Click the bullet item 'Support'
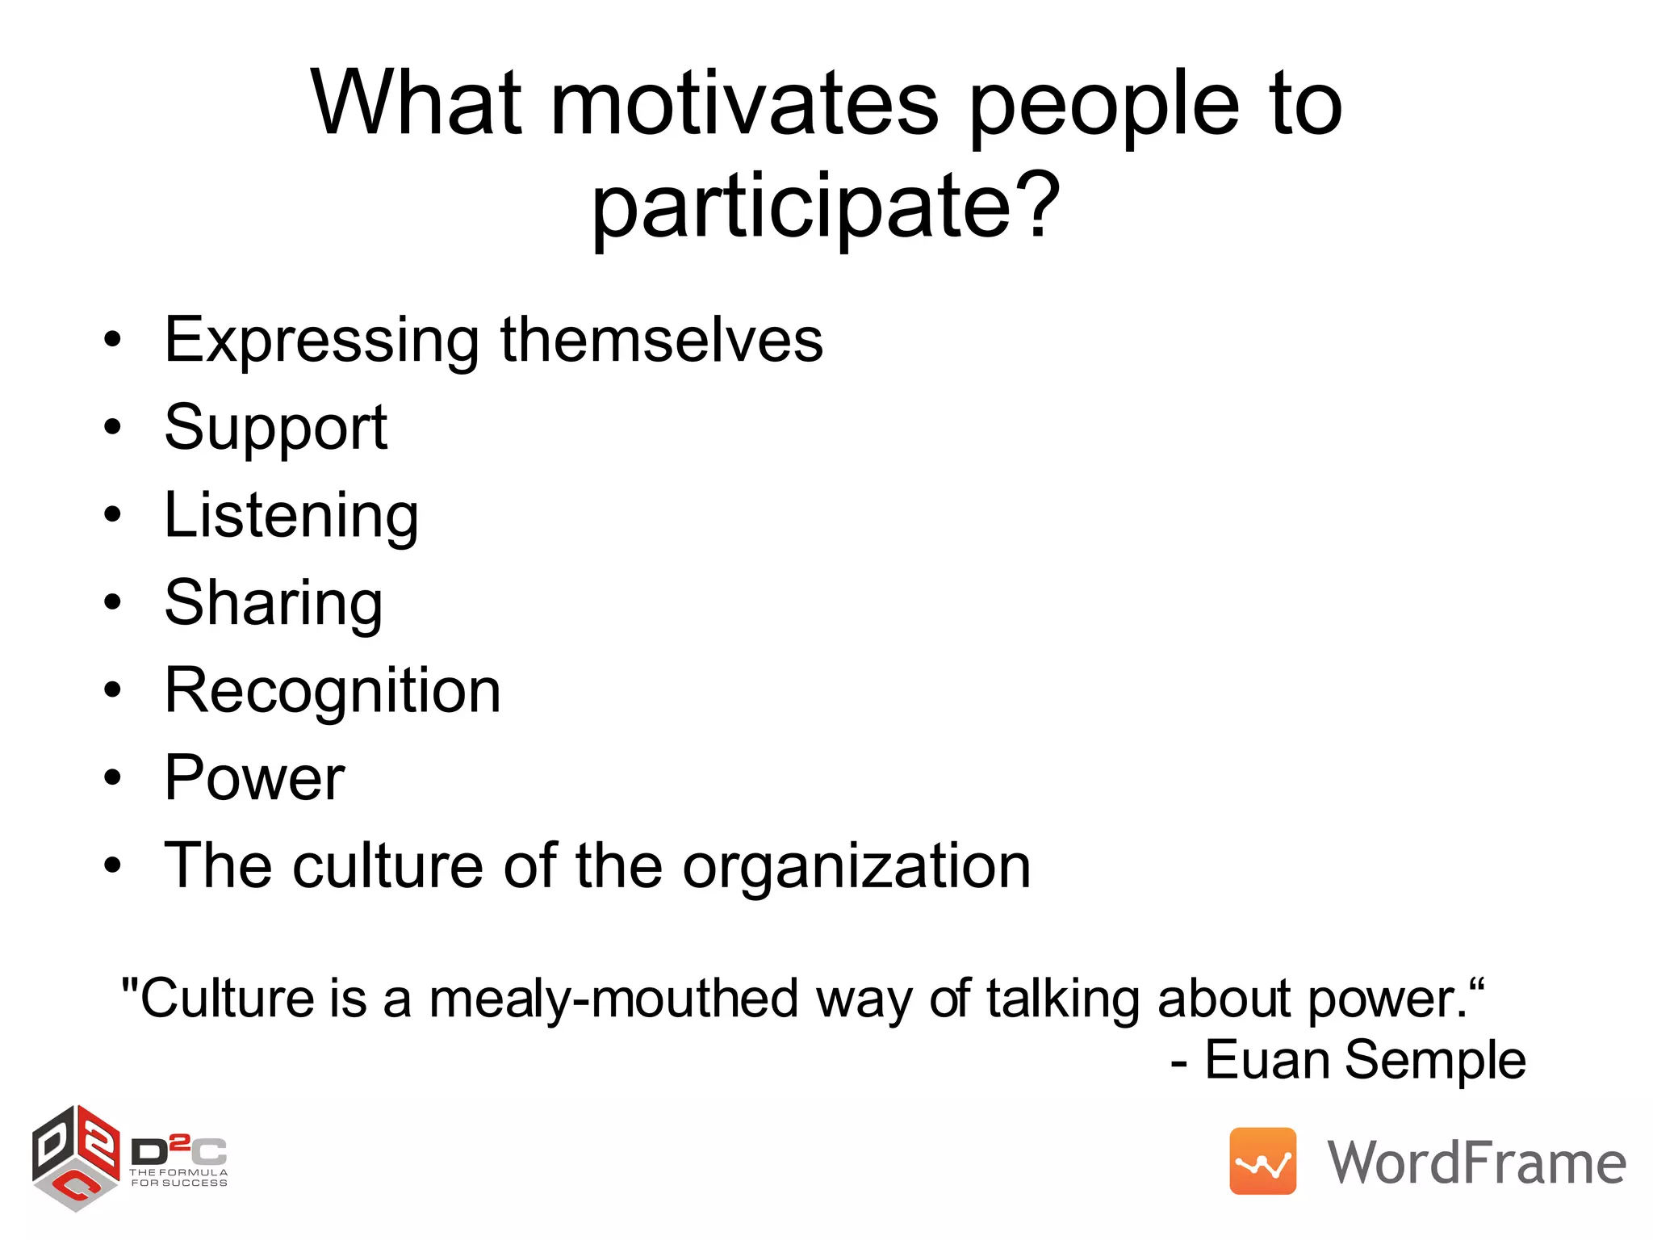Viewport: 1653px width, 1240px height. coord(275,428)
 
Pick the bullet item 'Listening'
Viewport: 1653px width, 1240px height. coord(291,516)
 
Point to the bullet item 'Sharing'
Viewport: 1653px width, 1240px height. coord(273,603)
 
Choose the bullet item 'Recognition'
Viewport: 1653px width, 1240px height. coord(332,691)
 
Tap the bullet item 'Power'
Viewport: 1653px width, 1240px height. coord(254,778)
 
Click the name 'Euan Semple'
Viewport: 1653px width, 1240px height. coord(1365,1059)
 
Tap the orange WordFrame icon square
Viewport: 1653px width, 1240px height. coord(1262,1161)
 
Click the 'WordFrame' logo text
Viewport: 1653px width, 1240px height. coord(1476,1162)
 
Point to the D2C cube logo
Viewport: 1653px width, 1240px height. coord(76,1157)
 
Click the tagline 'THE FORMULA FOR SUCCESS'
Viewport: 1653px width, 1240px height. coord(179,1178)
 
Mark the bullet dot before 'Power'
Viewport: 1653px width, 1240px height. coord(112,778)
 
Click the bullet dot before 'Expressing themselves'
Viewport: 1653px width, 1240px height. coord(112,340)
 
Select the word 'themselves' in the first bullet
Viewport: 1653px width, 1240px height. coord(661,339)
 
